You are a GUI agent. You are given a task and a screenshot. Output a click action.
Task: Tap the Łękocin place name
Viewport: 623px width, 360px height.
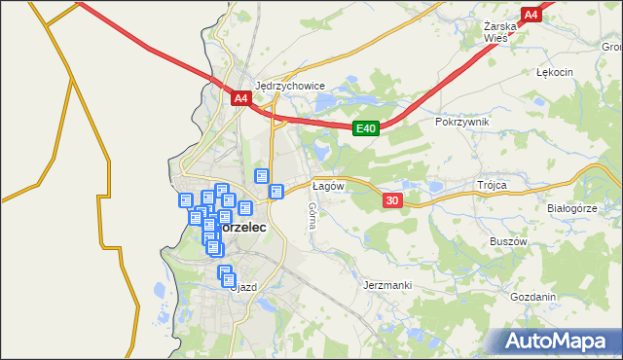point(555,73)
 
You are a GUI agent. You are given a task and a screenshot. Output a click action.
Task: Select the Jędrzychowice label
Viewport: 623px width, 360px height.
point(289,85)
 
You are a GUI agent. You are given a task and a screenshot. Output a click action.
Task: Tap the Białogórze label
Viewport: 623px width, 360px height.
point(571,208)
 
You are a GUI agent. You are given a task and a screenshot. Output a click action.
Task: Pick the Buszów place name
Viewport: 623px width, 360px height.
point(508,239)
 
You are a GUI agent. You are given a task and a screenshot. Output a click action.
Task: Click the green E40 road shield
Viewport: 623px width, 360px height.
point(365,127)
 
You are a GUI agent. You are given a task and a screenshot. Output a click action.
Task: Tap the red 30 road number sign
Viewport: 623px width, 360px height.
point(391,200)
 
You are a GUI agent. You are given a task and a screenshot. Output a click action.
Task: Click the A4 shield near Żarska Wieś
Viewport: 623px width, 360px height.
point(531,15)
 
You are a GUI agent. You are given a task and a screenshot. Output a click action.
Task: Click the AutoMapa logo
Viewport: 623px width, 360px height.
point(558,342)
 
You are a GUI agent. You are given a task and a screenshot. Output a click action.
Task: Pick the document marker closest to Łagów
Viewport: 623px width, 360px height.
point(276,192)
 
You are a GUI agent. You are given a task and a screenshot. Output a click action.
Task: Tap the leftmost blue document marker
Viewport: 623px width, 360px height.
point(185,200)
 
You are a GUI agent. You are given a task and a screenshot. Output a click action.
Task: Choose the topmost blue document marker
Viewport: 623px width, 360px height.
point(261,176)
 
